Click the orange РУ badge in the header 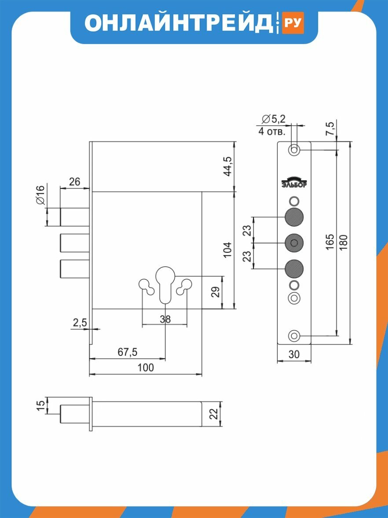tap(293, 23)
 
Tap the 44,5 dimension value tap(228, 166)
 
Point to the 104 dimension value tap(228, 250)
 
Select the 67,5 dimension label tap(128, 352)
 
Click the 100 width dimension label tap(146, 367)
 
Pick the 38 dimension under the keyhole tap(165, 319)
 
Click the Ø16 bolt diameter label tap(40, 195)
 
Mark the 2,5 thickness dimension tap(80, 323)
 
